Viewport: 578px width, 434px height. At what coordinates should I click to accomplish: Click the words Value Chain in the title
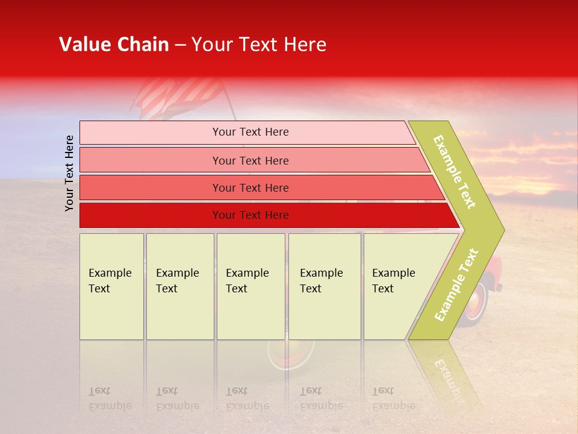point(114,45)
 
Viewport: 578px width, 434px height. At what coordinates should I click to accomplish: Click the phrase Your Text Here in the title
point(259,45)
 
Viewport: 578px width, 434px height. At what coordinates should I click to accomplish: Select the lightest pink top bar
point(247,132)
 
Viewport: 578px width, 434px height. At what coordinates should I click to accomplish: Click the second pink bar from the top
point(250,160)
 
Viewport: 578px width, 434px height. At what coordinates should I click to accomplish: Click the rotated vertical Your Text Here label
point(69,173)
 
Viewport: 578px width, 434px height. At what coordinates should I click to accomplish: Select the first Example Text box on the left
point(111,286)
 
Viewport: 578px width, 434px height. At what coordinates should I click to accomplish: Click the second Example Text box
point(180,286)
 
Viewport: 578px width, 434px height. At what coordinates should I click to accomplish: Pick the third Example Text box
point(250,286)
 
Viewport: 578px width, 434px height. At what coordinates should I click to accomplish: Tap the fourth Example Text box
point(325,286)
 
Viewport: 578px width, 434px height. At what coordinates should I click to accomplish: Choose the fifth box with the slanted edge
point(397,286)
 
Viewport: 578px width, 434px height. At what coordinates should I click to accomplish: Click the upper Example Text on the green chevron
point(455,172)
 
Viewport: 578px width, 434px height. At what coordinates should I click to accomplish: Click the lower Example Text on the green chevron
point(456,285)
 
